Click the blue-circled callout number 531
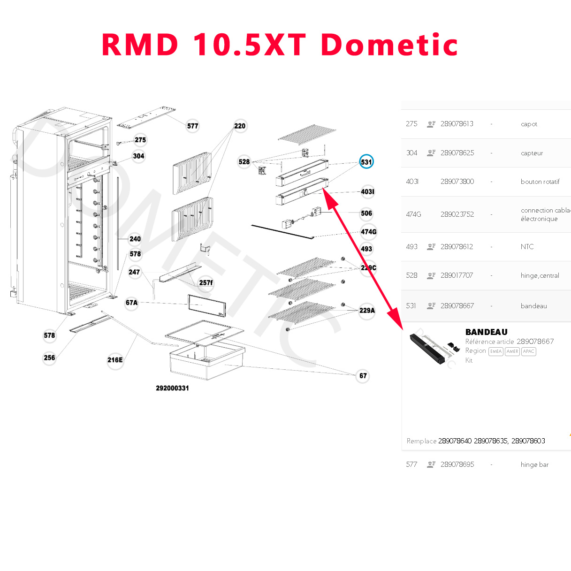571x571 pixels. (366, 162)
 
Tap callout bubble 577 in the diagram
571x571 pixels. (193, 126)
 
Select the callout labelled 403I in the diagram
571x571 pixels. (368, 191)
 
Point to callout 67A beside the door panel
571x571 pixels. (132, 303)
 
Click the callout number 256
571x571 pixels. (49, 358)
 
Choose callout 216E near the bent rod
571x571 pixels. (115, 360)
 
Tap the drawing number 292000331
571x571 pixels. (173, 388)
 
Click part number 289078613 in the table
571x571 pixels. (457, 124)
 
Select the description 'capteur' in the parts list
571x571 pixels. (532, 153)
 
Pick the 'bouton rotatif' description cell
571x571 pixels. (540, 182)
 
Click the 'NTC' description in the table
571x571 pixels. (527, 247)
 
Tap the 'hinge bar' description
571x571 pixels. (534, 464)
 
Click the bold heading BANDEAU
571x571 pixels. (487, 332)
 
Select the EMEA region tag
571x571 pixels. (496, 351)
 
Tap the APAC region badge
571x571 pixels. (529, 351)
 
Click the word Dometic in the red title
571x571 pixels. (389, 45)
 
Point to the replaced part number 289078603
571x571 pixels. (528, 441)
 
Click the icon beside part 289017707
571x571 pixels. (431, 275)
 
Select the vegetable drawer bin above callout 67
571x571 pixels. (206, 361)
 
